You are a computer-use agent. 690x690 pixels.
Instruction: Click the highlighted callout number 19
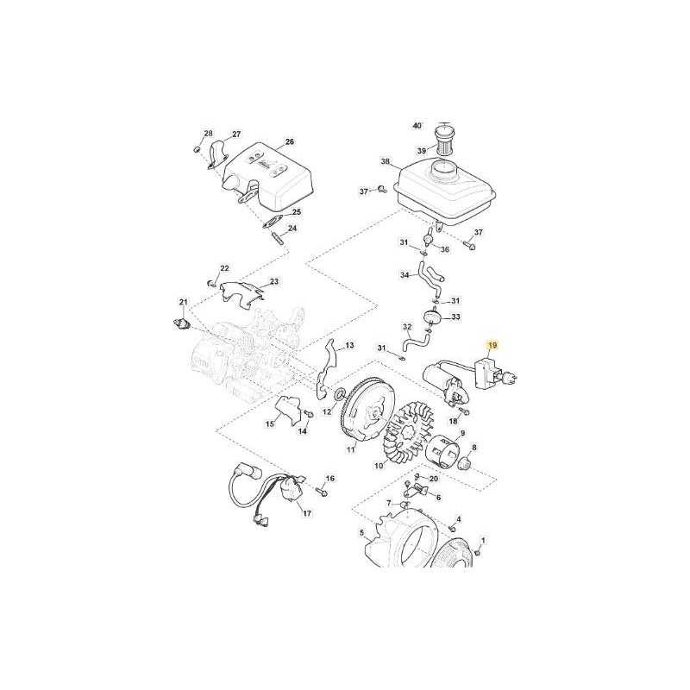[492, 346]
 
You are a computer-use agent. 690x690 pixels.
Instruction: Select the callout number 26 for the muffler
[289, 141]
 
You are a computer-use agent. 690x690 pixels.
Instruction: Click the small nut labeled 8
[465, 463]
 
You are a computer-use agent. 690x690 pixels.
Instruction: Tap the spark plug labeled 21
[181, 323]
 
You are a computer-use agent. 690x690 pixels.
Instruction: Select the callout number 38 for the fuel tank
[386, 161]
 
